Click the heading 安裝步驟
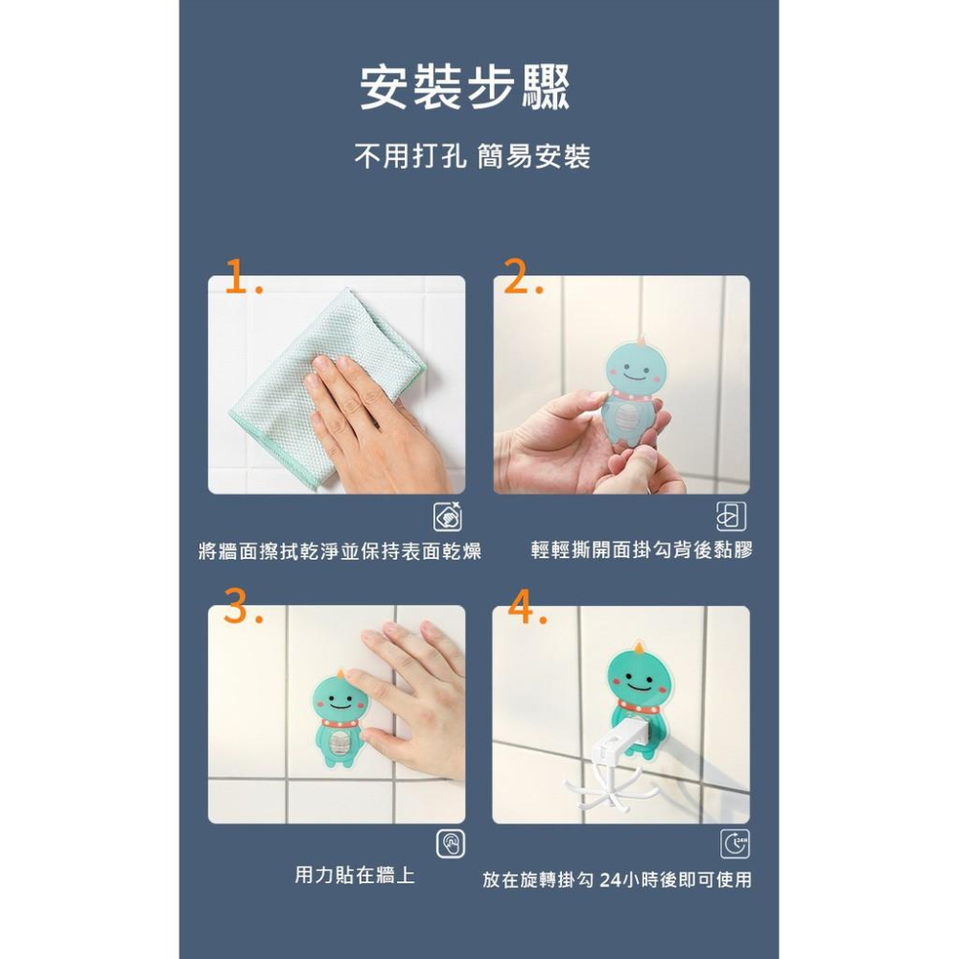pyautogui.click(x=465, y=87)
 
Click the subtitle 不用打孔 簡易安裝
pyautogui.click(x=472, y=156)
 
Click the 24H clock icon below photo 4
pyautogui.click(x=736, y=844)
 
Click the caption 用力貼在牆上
pyautogui.click(x=355, y=875)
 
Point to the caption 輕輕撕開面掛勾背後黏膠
pyautogui.click(x=642, y=550)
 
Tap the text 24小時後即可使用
pyautogui.click(x=675, y=879)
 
